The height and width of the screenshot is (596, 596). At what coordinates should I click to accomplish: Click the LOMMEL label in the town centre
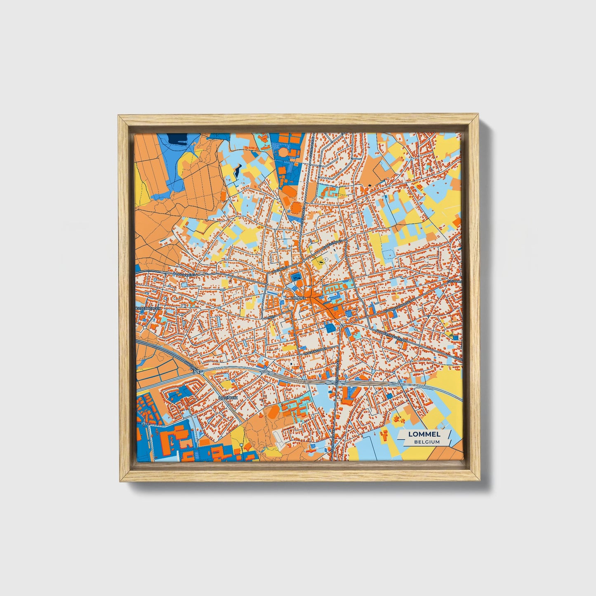click(297, 297)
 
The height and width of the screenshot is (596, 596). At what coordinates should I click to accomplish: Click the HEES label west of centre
click(271, 317)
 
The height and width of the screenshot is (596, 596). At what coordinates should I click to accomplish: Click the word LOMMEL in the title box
click(424, 434)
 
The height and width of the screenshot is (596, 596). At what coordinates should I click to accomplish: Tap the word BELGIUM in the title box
click(427, 442)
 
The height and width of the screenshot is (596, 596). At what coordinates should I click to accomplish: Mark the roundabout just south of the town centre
click(342, 326)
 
